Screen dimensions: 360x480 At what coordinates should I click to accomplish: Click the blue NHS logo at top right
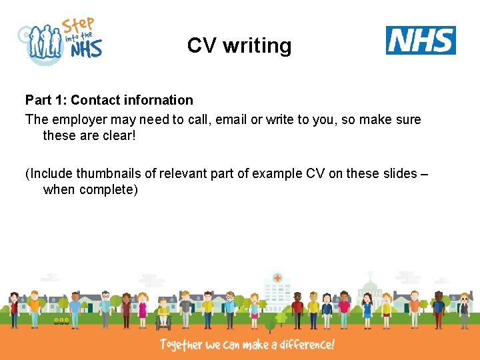421,40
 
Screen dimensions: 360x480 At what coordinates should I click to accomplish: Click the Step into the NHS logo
61,41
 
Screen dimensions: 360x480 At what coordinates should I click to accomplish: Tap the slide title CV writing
239,45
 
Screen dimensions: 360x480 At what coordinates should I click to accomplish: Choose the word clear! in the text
117,135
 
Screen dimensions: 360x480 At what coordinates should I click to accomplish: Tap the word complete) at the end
109,190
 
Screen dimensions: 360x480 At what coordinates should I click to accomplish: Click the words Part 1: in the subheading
46,100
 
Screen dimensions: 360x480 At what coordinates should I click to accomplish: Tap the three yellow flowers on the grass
61,321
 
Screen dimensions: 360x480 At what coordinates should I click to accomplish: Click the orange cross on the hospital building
277,278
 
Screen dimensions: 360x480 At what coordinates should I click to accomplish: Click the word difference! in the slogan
303,345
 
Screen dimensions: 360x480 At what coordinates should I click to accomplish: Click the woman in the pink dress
142,310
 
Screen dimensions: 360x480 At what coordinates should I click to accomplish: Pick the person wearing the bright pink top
344,308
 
